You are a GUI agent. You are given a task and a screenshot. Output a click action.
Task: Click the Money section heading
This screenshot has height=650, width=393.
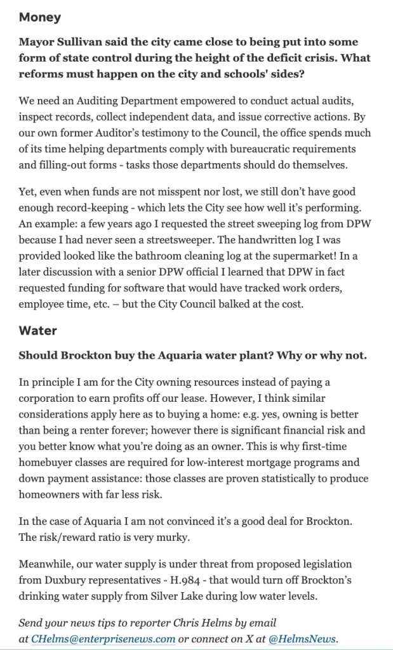[x=40, y=17]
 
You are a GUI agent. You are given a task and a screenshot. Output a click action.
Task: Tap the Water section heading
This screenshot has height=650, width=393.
[x=38, y=330]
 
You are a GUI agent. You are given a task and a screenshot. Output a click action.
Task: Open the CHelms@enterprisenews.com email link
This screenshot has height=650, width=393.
[x=103, y=638]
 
